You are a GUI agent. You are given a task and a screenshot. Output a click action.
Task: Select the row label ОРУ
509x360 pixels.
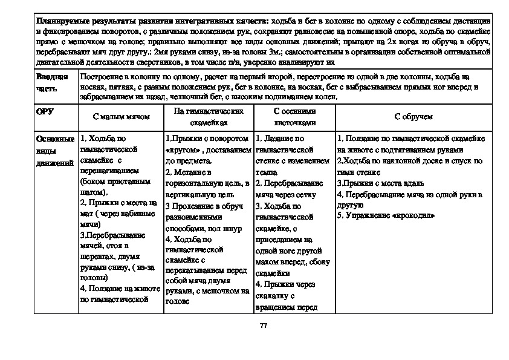(x=45, y=113)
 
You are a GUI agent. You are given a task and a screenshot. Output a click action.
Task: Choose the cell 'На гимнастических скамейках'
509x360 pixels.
(x=208, y=117)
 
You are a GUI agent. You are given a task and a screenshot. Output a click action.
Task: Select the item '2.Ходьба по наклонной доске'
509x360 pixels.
(x=409, y=161)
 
